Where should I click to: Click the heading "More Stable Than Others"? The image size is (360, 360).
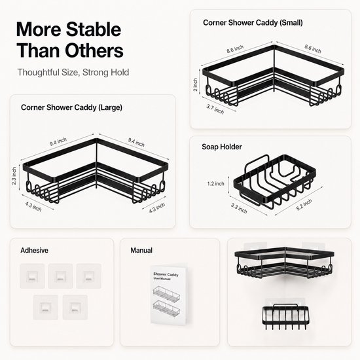pos(70,40)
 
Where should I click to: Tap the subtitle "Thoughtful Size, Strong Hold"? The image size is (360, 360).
pos(73,72)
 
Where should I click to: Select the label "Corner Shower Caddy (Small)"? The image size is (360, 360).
pos(253,23)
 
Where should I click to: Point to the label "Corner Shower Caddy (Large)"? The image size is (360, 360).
pos(71,107)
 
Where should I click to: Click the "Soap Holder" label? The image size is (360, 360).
pos(222,147)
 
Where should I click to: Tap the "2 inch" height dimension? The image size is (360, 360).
pos(196,84)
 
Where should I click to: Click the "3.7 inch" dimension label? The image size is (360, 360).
pos(215,109)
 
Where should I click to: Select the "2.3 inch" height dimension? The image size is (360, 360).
pos(14,176)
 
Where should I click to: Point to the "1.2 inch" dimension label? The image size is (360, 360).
pos(215,184)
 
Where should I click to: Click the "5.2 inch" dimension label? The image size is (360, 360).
pos(304,205)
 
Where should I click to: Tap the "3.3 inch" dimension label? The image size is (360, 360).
pos(239,208)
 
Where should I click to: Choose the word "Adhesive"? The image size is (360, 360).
pos(34,250)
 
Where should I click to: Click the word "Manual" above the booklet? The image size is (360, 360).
pos(141,250)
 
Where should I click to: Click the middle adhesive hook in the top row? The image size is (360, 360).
pos(60,276)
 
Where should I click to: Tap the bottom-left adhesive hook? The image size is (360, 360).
pos(45,307)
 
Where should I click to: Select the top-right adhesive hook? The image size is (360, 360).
pos(88,276)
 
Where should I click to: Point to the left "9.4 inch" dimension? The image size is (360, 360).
pos(58,141)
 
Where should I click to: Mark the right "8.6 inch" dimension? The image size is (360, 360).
pos(313,49)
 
